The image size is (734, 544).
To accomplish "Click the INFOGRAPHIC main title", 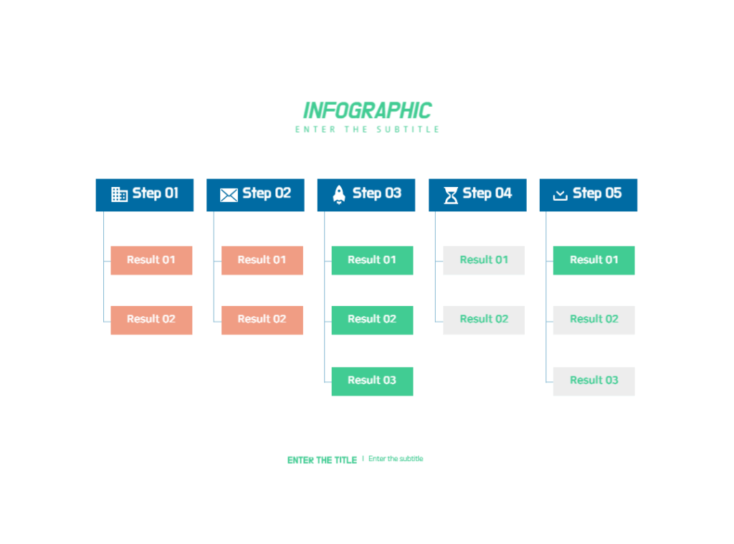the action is [368, 111].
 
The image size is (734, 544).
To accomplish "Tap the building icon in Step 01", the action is [119, 194].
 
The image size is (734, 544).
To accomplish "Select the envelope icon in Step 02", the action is [229, 195].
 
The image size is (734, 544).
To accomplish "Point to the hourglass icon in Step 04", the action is [451, 195].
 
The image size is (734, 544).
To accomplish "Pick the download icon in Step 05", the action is [561, 195].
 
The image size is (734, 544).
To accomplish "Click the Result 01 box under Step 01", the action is [151, 260].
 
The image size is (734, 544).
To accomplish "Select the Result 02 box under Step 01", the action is [151, 320].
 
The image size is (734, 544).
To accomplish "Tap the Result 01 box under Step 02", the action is [262, 260].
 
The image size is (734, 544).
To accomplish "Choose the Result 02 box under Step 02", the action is [262, 320].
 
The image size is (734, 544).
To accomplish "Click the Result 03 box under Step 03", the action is [372, 381].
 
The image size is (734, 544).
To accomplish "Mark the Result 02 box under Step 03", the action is [372, 320].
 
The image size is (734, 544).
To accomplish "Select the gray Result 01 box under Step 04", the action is [484, 260].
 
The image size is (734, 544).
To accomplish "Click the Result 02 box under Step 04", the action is [484, 320].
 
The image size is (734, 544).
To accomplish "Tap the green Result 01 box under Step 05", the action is [594, 260].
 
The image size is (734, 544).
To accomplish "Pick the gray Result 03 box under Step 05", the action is [594, 381].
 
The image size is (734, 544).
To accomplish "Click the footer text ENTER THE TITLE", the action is [322, 460].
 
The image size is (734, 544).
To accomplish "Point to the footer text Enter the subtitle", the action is [396, 459].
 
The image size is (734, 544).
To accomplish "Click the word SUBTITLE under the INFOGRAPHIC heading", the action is [408, 129].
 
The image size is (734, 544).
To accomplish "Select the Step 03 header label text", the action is [377, 194].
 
